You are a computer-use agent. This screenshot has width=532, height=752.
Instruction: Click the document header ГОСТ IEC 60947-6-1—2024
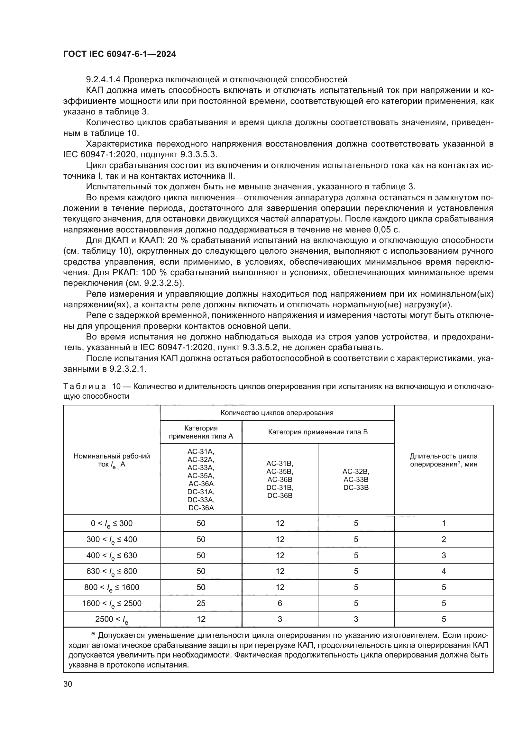(x=120, y=54)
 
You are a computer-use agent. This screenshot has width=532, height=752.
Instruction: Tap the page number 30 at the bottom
(x=68, y=684)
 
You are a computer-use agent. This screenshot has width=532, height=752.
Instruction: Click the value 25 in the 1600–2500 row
(x=201, y=603)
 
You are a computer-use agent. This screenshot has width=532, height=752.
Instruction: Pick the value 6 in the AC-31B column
(x=280, y=603)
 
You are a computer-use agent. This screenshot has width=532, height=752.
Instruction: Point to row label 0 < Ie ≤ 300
(x=112, y=523)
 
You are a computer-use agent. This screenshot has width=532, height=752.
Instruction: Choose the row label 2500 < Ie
(x=112, y=619)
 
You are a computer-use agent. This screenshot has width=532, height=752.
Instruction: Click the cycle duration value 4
(x=444, y=571)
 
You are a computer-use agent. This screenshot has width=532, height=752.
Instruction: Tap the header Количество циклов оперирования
(x=277, y=413)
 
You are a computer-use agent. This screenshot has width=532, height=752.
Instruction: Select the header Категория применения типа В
(x=318, y=432)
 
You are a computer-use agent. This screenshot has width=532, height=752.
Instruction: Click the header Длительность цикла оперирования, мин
(x=444, y=460)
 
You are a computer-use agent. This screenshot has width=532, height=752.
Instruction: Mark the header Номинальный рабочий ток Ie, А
(x=112, y=460)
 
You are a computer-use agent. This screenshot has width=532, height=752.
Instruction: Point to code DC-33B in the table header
(x=356, y=487)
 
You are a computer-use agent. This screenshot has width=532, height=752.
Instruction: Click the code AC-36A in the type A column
(x=201, y=484)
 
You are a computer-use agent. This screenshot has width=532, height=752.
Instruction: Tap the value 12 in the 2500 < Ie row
(x=201, y=619)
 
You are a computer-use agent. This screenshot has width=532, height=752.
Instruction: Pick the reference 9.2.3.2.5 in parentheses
(x=162, y=283)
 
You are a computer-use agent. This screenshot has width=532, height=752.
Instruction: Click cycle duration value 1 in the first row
(x=444, y=523)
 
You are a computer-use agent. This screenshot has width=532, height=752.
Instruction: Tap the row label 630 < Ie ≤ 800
(x=112, y=571)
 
